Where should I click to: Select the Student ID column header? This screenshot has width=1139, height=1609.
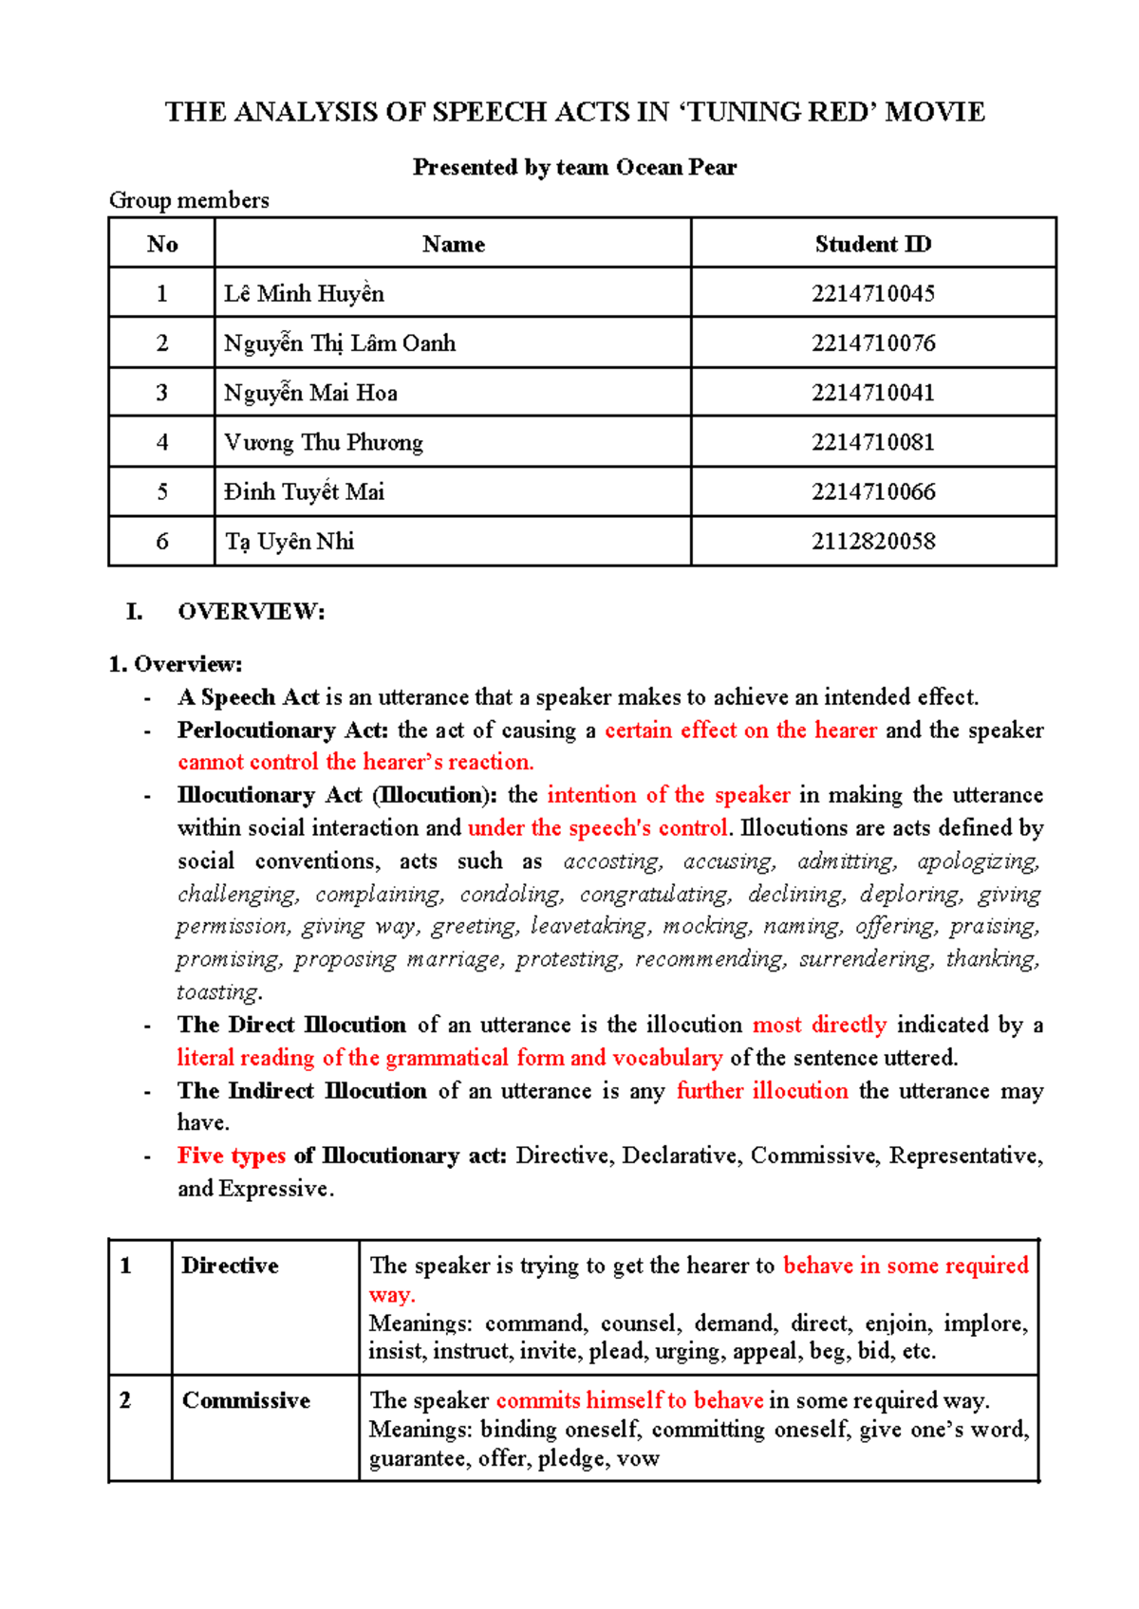tap(872, 244)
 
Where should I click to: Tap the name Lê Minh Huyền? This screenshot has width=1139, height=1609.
tap(304, 294)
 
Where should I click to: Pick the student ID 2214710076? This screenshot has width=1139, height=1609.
tap(872, 343)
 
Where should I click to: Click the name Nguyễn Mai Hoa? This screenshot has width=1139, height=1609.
tap(310, 393)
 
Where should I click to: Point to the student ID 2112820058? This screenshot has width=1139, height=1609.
tap(872, 542)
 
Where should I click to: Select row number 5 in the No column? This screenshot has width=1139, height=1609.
tap(161, 491)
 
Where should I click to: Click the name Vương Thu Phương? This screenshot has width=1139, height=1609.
tap(323, 442)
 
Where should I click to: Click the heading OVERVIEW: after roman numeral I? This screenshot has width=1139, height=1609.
tap(251, 612)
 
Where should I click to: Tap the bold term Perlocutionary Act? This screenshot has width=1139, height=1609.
tap(282, 731)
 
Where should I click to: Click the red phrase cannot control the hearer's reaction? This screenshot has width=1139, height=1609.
tap(355, 763)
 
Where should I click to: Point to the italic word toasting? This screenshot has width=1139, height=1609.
tap(219, 992)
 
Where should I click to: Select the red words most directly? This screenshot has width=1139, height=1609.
tap(819, 1025)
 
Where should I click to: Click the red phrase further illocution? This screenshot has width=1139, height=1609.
tap(761, 1091)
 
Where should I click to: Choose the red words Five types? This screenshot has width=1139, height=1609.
tap(231, 1156)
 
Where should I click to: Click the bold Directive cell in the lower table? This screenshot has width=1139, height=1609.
tap(230, 1266)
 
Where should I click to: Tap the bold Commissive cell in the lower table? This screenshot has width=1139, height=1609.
tap(246, 1400)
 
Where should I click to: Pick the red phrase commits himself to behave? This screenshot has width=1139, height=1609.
tap(628, 1400)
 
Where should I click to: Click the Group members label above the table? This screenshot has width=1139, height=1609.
tap(189, 200)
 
